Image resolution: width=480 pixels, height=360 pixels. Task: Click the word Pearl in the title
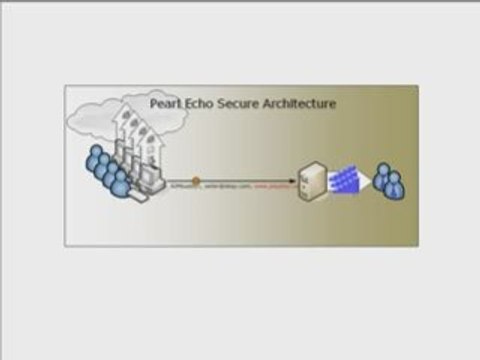click(164, 103)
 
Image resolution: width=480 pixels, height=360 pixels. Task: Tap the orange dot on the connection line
click(197, 182)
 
